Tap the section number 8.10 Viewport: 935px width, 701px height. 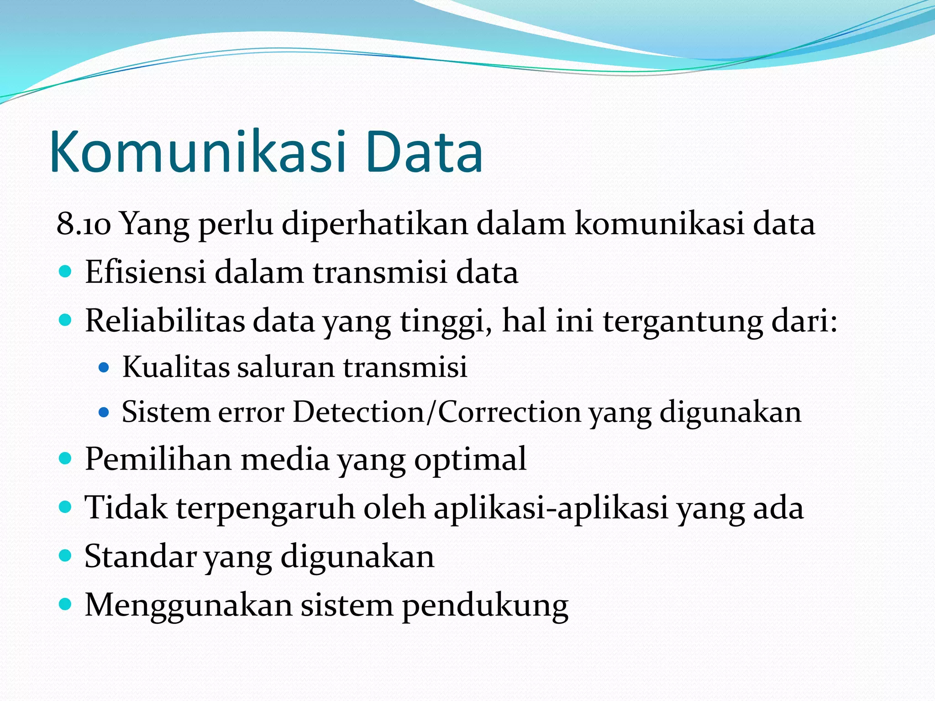point(84,224)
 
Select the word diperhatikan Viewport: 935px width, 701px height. point(374,224)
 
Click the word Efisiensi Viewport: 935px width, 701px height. point(145,272)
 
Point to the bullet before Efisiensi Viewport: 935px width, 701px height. point(66,272)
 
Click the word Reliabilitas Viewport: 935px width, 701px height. point(165,321)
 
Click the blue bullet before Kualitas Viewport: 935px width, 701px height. point(104,367)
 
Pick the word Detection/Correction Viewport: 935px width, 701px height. point(436,412)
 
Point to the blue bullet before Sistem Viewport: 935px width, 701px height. point(104,413)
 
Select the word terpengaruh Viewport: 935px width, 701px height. point(265,508)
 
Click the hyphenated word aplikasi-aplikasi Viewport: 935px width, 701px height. point(551,508)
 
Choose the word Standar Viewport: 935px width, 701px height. point(140,556)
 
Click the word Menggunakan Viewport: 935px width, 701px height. point(188,606)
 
